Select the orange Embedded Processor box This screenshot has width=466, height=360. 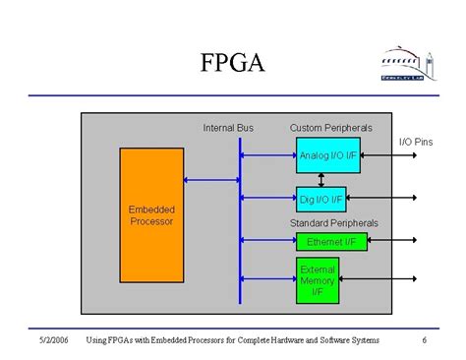[x=151, y=215]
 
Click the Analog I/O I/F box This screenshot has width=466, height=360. [x=328, y=155]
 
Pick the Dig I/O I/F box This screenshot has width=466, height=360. [x=321, y=200]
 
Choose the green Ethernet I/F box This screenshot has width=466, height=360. [x=331, y=241]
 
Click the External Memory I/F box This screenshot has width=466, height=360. [x=318, y=280]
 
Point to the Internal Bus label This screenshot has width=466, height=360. [x=228, y=128]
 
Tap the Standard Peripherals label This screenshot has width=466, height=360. [x=333, y=223]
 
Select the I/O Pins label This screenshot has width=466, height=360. [x=415, y=143]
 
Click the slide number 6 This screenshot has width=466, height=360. [x=424, y=340]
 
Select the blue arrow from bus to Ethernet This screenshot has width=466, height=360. [x=268, y=241]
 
